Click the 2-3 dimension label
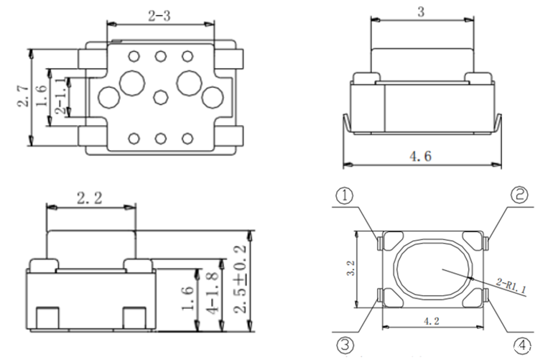[159, 16]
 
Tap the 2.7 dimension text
[24, 96]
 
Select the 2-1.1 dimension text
[60, 96]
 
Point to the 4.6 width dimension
[420, 156]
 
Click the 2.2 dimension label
[90, 198]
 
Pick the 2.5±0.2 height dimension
[240, 280]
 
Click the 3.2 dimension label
[350, 268]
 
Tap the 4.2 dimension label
[431, 321]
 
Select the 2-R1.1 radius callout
[511, 285]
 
